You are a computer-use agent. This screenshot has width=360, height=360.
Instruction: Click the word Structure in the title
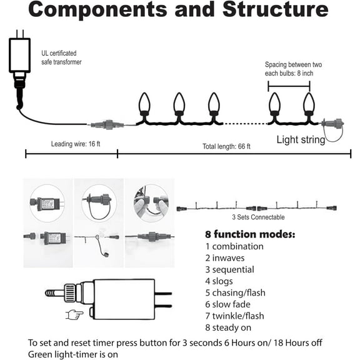[x=275, y=9]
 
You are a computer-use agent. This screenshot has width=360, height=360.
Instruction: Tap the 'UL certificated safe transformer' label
[x=61, y=57]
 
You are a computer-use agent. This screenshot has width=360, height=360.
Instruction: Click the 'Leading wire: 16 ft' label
[x=76, y=144]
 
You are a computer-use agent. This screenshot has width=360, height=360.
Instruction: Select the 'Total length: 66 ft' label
[x=226, y=146]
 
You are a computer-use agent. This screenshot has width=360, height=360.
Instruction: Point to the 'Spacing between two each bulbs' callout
[x=293, y=69]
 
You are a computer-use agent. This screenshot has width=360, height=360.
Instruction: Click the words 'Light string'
[x=301, y=140]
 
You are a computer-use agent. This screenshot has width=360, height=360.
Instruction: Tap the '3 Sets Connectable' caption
[x=258, y=217]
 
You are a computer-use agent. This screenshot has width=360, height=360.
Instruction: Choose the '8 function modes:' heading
[x=250, y=234]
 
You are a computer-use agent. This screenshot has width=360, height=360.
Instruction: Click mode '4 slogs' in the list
[x=219, y=281]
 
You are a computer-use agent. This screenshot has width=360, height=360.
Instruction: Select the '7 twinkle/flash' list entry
[x=234, y=316]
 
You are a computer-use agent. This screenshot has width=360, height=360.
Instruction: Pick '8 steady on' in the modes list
[x=228, y=327]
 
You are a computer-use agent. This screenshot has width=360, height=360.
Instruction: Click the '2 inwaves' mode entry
[x=225, y=258]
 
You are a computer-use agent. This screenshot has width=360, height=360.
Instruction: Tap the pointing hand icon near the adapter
[x=74, y=314]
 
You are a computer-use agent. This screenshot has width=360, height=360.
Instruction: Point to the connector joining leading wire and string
[x=107, y=124]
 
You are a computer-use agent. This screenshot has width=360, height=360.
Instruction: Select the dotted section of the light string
[x=246, y=124]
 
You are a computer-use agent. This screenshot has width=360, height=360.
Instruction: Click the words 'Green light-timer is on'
[x=73, y=354]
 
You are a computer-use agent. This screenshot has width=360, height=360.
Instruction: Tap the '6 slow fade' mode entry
[x=227, y=304]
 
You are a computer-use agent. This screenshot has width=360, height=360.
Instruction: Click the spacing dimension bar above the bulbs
[x=289, y=86]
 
